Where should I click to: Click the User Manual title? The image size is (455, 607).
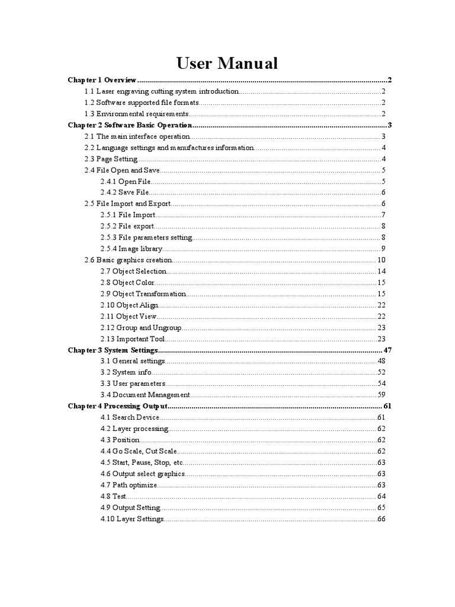227,63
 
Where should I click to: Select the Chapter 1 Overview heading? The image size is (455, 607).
102,80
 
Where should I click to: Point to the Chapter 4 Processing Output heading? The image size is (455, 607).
118,407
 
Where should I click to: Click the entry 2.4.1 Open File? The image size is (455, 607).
126,181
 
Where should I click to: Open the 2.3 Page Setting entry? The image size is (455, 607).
111,159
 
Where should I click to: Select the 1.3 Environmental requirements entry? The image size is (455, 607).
137,114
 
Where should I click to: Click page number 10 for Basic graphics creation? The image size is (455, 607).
381,260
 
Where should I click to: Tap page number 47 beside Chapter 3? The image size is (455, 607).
388,350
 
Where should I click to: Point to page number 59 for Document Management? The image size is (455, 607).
382,395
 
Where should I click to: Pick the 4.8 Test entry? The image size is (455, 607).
114,496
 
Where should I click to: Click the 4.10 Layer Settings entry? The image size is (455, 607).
132,519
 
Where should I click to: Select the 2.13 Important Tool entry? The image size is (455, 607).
133,339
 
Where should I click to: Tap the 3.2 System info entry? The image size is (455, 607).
126,373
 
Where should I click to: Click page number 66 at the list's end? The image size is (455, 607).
382,519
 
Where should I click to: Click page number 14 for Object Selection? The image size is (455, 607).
382,271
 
